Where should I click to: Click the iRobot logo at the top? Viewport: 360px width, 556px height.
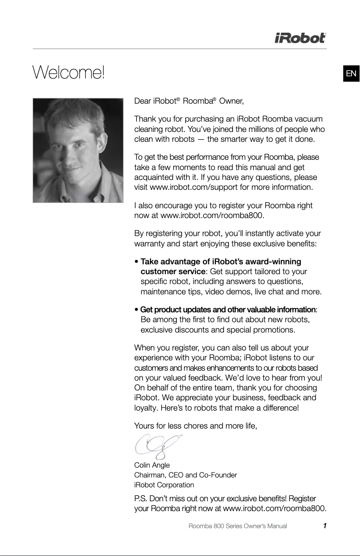300,39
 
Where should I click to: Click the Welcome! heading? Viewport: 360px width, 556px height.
68,72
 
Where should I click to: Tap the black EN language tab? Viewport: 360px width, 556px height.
351,74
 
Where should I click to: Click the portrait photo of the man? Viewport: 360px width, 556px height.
78,150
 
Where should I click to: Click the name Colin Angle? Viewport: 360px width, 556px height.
152,465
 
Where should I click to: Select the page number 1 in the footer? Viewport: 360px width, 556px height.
324,525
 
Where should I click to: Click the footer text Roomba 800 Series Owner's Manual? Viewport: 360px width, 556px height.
238,526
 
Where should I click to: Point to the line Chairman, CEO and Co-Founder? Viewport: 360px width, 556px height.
186,475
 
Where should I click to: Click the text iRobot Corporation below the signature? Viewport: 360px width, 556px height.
164,485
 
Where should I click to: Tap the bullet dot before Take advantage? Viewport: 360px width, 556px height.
137,262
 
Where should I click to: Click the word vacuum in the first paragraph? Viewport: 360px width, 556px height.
307,118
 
